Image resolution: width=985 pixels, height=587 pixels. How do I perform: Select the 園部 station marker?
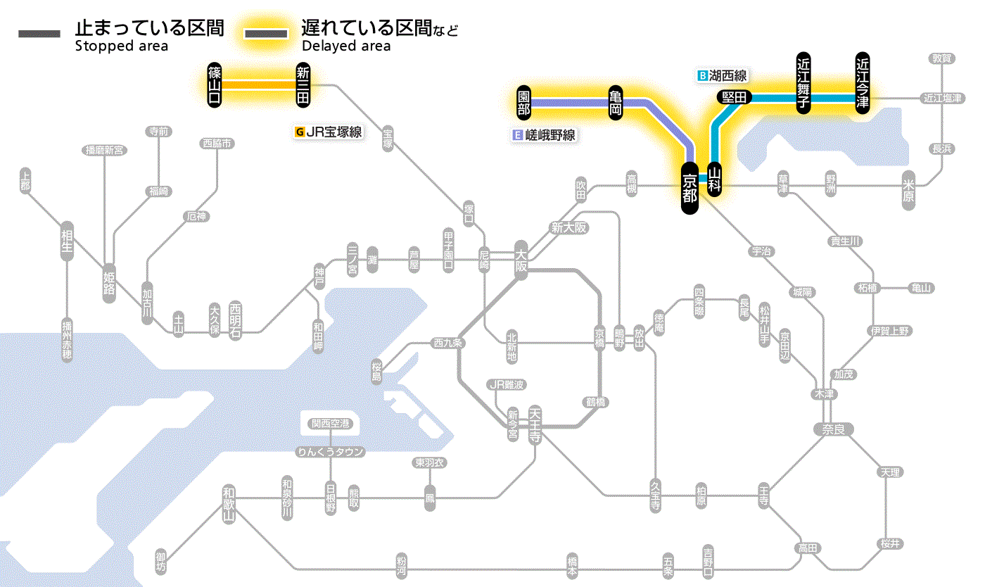[523, 103]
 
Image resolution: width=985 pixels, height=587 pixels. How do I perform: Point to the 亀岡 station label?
[615, 103]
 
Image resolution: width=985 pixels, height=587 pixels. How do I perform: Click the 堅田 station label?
[735, 97]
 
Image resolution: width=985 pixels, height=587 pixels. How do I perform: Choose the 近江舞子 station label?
[803, 82]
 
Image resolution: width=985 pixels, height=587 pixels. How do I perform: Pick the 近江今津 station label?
[863, 82]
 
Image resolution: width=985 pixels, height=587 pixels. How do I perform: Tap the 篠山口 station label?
[215, 84]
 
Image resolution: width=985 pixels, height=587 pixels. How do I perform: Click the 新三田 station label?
[303, 84]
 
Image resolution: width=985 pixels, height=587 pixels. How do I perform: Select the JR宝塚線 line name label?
[333, 131]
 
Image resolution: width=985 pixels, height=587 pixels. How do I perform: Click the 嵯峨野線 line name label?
[549, 135]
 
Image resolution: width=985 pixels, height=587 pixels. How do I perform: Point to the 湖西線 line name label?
[727, 75]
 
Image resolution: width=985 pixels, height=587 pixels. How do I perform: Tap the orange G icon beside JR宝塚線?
[300, 131]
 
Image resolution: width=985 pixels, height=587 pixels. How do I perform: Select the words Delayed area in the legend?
[345, 46]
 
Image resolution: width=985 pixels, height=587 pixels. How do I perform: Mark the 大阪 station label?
[521, 262]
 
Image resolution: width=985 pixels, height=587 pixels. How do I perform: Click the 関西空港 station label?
[330, 423]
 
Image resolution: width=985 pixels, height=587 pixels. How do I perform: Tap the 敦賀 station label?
[942, 58]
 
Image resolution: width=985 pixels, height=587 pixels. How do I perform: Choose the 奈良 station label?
[832, 429]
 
